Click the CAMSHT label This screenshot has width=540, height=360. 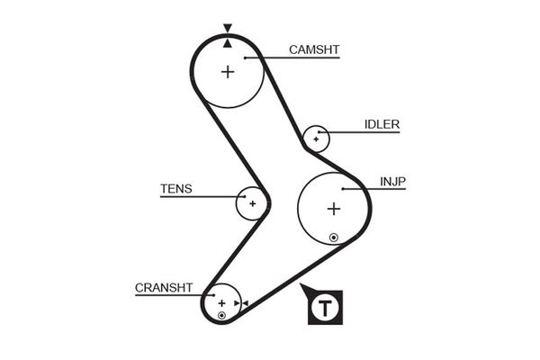tap(314, 49)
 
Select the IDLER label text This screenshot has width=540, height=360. tap(382, 124)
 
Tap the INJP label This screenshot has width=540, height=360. tap(392, 182)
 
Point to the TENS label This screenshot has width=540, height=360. tap(176, 189)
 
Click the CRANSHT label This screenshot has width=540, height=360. tap(164, 288)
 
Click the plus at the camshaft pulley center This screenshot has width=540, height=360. tap(228, 72)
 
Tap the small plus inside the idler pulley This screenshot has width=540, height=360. tap(316, 139)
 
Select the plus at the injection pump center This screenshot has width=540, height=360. tap(334, 209)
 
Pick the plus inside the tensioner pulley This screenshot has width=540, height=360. tap(253, 203)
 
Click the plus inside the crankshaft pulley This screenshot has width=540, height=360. tap(221, 303)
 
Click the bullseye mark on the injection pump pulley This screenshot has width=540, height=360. tap(333, 238)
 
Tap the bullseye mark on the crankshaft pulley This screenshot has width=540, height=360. tap(221, 315)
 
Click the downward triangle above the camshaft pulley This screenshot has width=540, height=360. tap(228, 28)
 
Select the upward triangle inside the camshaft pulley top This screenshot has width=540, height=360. tap(228, 43)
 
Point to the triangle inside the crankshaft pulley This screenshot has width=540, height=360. tap(237, 303)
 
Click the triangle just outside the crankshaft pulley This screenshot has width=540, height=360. tap(245, 303)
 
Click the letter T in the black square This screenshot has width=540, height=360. tap(325, 308)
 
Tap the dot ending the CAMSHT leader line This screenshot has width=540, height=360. tap(245, 58)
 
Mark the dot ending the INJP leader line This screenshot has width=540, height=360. tap(343, 189)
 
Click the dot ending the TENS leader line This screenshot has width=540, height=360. tap(245, 197)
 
